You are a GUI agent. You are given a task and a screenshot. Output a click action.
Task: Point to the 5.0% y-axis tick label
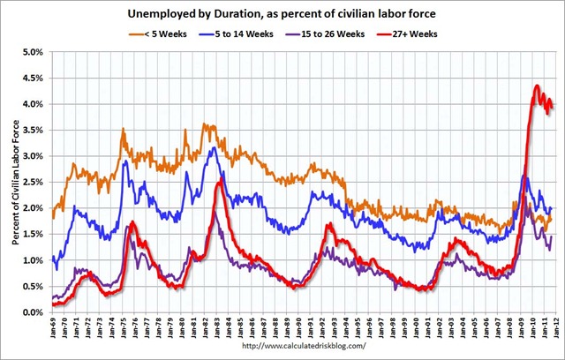(32, 52)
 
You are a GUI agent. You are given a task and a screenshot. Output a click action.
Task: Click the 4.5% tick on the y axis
(32, 79)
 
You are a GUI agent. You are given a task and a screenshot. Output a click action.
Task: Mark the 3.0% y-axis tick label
(32, 156)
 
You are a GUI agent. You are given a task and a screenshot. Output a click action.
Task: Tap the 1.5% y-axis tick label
(32, 235)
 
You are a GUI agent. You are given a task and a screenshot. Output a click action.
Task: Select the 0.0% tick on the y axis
(32, 312)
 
